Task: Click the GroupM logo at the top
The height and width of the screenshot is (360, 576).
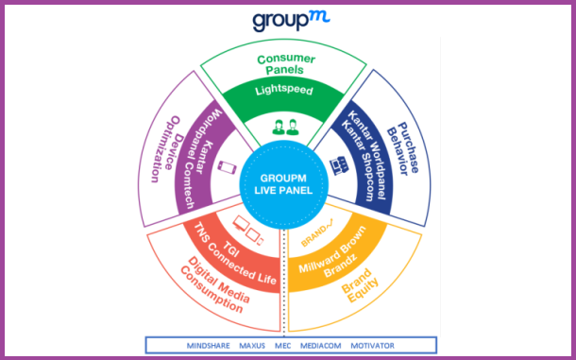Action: click(x=289, y=22)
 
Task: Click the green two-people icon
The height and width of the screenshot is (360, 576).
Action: click(x=287, y=126)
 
